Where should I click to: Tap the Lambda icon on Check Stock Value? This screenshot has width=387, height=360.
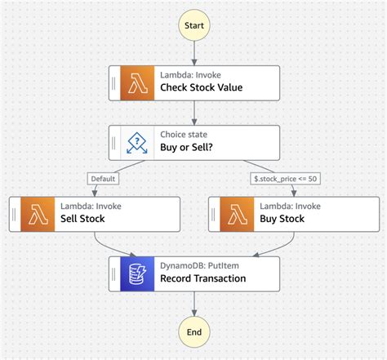tap(137, 82)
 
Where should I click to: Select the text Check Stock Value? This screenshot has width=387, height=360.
tap(201, 88)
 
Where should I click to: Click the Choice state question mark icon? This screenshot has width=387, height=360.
tap(137, 142)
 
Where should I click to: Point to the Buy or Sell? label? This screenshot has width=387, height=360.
tap(189, 148)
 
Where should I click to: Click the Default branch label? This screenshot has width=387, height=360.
tap(104, 179)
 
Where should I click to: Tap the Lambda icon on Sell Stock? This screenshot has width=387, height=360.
tap(38, 213)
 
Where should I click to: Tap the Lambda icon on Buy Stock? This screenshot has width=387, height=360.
tap(236, 213)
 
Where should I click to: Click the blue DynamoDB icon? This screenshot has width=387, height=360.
tap(137, 273)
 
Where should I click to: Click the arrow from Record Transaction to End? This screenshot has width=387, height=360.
tap(194, 304)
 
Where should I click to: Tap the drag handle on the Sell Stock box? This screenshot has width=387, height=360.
tap(15, 213)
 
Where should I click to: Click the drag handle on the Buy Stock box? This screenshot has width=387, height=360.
tap(213, 213)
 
